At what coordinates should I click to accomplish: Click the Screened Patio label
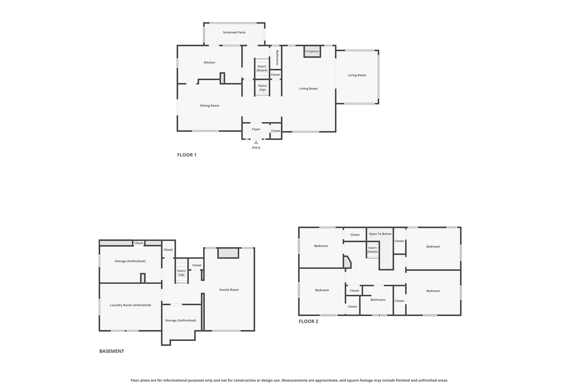[x=234, y=32]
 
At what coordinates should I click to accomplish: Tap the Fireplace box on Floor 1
[x=312, y=51]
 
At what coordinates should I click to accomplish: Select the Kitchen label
[x=209, y=62]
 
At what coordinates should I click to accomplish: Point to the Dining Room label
[x=209, y=105]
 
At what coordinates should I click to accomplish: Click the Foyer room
[x=256, y=130]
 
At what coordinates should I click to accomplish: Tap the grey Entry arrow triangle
[x=256, y=142]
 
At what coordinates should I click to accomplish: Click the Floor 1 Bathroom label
[x=277, y=58]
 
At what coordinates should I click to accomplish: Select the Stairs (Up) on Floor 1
[x=262, y=88]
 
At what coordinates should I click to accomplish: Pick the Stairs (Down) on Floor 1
[x=262, y=68]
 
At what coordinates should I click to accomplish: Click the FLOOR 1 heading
[x=187, y=155]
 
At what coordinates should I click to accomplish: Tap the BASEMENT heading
[x=112, y=351]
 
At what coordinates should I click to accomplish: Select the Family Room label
[x=229, y=289]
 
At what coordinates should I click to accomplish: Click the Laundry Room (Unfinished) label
[x=130, y=305]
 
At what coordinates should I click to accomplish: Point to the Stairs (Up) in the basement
[x=182, y=271]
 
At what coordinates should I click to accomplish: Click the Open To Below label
[x=380, y=234]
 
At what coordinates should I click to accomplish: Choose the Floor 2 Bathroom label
[x=378, y=300]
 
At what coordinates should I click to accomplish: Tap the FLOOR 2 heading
[x=308, y=321]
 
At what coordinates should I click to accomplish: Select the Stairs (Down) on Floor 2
[x=372, y=250]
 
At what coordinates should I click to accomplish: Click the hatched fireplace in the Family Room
[x=228, y=253]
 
